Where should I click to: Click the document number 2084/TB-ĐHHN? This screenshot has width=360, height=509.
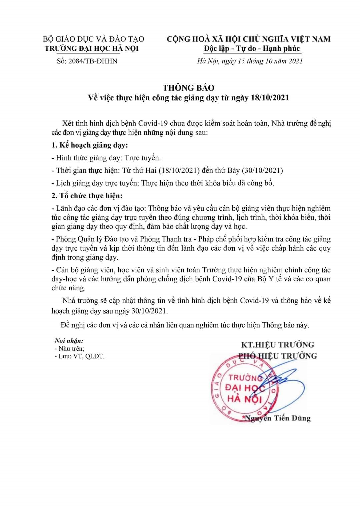pos(93,61)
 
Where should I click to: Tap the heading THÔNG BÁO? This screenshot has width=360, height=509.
pos(188,88)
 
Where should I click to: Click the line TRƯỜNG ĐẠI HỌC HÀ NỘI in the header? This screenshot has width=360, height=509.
pos(92,48)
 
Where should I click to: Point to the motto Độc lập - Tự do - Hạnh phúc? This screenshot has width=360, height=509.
pos(252,48)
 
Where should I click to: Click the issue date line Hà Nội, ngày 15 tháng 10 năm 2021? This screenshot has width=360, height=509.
pos(250,61)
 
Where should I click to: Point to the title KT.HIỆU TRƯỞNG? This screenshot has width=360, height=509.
pos(277,345)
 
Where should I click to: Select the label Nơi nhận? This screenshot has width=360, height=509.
pos(69,341)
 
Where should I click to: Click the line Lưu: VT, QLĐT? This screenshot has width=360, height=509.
pos(79,356)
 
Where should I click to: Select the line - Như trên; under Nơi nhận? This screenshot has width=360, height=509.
pos(69,349)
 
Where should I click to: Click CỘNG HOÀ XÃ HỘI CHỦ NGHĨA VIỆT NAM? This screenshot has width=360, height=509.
pos(248,39)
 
